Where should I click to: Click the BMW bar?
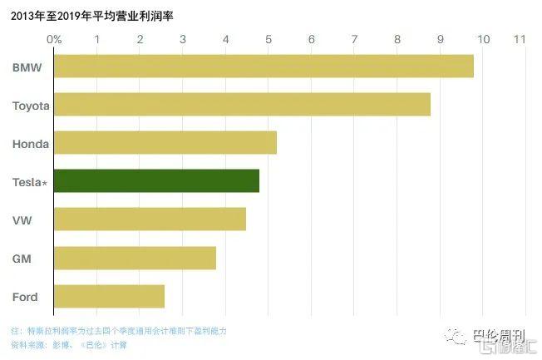pos(264,66)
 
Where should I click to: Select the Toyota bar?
pos(242,104)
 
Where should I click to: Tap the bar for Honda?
pos(165,142)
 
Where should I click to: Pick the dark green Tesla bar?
pos(156,181)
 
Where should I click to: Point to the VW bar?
pos(150,219)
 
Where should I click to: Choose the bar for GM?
pos(135,258)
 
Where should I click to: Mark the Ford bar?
pos(109,296)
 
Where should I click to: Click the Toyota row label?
pos(31,106)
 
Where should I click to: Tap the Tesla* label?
pos(30,182)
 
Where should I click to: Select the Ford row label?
pos(25,297)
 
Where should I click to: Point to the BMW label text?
pos(27,67)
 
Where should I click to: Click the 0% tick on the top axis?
pos(54,39)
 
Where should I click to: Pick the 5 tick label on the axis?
pos(269,39)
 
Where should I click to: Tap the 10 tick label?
pos(483,39)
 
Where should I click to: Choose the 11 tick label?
pos(520,39)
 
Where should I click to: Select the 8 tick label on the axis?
pos(397,39)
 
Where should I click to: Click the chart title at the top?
pos(92,16)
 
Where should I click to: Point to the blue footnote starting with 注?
pos(119,331)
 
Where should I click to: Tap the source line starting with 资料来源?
pos(69,345)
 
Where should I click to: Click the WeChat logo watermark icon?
pos(456,335)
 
